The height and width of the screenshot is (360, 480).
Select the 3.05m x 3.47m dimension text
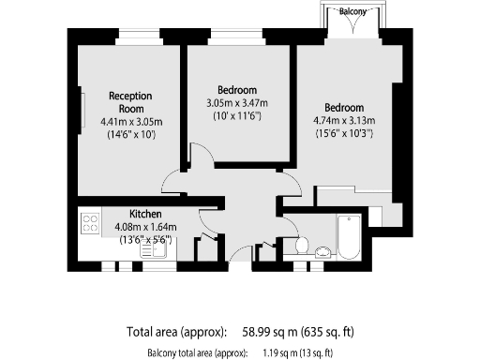236,103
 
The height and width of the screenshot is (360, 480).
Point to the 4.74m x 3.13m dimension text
344,120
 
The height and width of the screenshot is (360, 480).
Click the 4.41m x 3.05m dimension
130,122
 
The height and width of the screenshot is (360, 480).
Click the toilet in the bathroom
300,245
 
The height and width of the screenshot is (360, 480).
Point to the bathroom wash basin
322,250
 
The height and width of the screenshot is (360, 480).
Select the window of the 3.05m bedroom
236,38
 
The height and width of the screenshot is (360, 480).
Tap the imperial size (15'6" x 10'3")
344,133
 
